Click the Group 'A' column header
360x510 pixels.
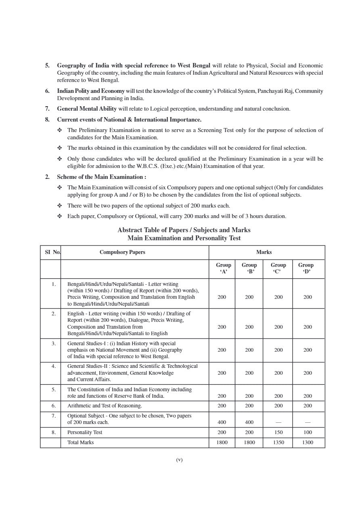pos(223,268)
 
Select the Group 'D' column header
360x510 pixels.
pos(306,268)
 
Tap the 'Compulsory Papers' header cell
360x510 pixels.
pos(122,252)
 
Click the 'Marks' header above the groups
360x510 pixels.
pos(264,252)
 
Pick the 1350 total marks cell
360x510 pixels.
pos(278,443)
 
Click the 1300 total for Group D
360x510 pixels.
pos(308,443)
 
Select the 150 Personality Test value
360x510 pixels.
pos(278,432)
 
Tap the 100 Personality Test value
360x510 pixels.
pos(308,432)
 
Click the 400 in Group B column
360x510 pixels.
pos(249,422)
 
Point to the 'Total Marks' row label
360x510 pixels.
pos(80,443)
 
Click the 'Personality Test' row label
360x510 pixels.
pos(85,432)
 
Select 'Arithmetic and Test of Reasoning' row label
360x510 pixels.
pos(105,406)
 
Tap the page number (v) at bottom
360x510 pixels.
pos(180,460)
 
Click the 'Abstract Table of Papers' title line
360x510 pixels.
pos(184,230)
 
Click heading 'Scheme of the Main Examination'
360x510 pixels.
pos(101,177)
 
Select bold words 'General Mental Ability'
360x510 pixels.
pos(87,109)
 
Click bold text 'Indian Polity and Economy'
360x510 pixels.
pos(91,91)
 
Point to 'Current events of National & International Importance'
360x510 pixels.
pos(129,120)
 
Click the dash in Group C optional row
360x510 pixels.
pos(278,422)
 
